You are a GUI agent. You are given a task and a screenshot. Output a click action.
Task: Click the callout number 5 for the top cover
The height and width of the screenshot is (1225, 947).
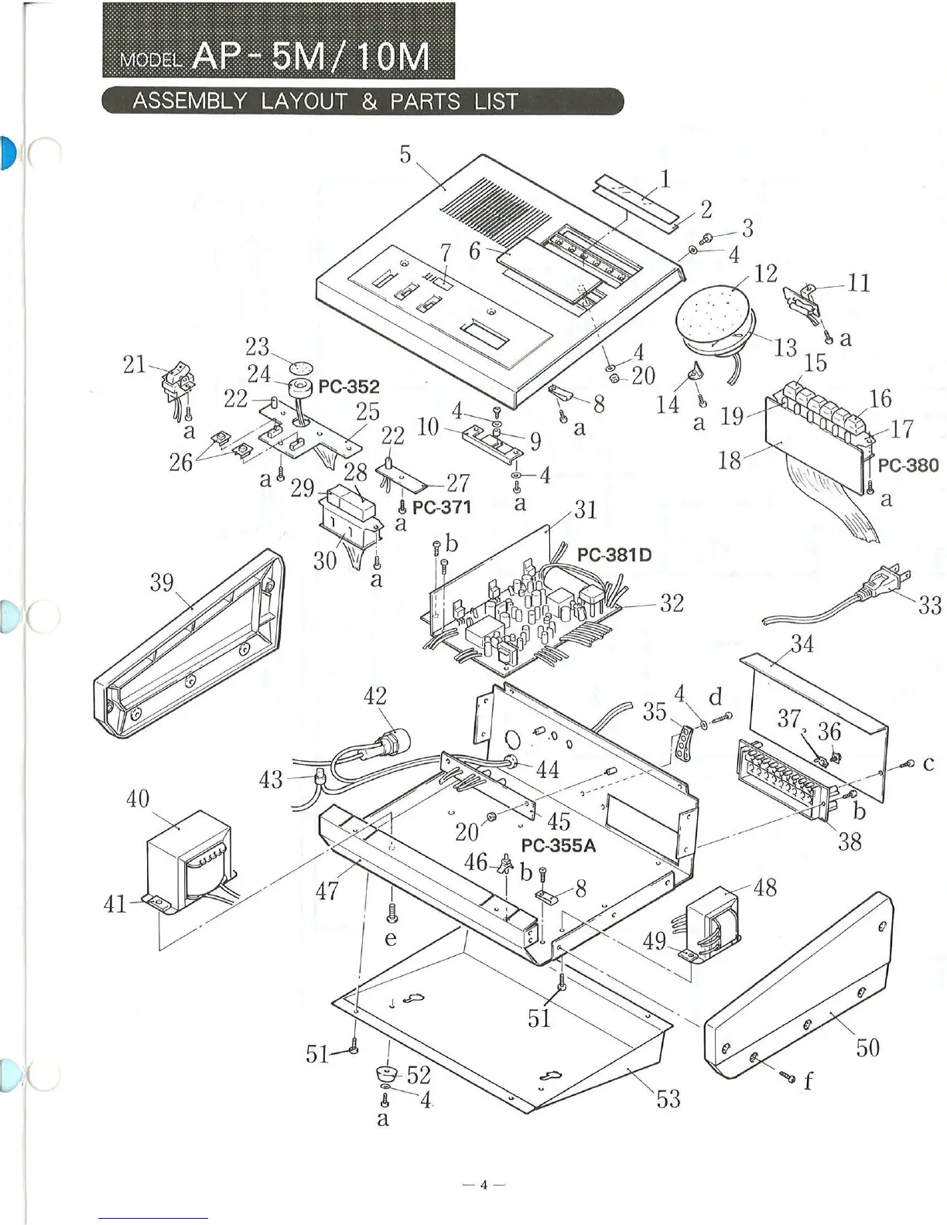point(405,154)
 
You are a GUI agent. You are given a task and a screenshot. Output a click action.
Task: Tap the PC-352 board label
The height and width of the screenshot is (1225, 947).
point(349,387)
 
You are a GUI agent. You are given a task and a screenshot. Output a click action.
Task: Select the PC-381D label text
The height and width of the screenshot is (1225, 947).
point(614,554)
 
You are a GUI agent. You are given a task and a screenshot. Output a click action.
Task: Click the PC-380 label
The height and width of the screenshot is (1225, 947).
point(908,466)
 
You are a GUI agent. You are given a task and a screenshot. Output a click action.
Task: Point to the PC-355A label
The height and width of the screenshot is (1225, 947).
point(559,845)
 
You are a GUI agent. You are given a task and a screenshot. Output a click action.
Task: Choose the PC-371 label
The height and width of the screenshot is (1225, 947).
point(442,507)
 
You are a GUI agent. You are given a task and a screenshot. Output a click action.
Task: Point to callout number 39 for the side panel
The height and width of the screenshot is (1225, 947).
point(162,582)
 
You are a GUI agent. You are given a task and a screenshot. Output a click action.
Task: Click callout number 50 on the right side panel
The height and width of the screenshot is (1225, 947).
point(867,1048)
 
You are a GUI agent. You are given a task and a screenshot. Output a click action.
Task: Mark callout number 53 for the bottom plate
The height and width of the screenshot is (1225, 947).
point(668,1098)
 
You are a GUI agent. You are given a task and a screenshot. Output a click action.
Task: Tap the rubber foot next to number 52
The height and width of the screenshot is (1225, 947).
point(386,1073)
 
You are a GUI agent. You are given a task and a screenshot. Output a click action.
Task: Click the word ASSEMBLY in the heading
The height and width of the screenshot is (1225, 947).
point(190,101)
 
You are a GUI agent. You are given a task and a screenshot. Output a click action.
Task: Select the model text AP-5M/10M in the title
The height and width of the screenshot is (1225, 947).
point(310,56)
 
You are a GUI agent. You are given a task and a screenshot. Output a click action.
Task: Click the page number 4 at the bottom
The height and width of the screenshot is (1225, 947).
point(484,1185)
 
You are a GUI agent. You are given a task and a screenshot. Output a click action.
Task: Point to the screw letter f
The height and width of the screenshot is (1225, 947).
point(809,1080)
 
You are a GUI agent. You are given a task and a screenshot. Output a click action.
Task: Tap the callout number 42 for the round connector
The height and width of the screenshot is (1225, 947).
point(375,696)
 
